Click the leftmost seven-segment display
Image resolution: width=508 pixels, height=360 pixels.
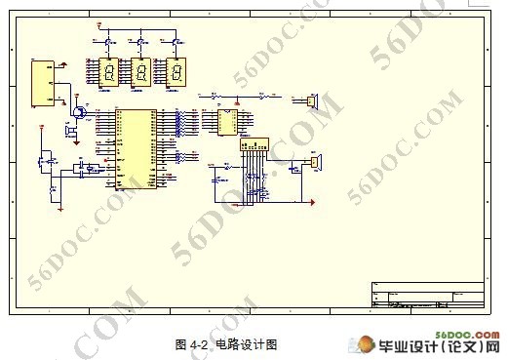(109, 72)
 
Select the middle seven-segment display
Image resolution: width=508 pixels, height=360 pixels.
(142, 72)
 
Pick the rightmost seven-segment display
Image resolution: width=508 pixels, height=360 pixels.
(176, 72)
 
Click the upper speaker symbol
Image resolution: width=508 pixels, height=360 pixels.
(312, 100)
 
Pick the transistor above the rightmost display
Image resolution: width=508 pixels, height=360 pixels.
(176, 40)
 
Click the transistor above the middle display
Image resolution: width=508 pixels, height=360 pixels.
(142, 40)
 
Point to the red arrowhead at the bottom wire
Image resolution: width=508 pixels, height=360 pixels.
(313, 202)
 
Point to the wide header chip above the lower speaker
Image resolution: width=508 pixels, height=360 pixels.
(253, 144)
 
